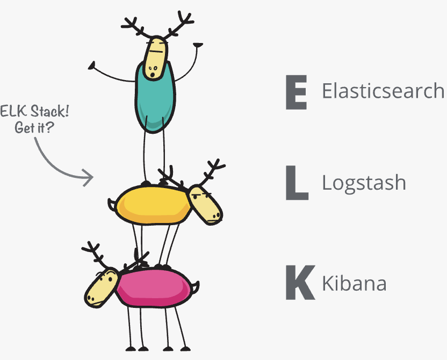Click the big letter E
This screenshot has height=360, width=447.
(296, 92)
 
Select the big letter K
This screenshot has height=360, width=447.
(298, 283)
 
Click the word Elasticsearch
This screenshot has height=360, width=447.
(383, 91)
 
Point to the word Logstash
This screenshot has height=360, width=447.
(364, 183)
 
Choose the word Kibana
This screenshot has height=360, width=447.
(354, 283)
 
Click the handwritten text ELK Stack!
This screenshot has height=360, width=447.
(35, 114)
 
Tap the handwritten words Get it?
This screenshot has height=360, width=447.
(37, 129)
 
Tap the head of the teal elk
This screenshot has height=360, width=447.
(156, 56)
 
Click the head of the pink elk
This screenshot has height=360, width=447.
(102, 288)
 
